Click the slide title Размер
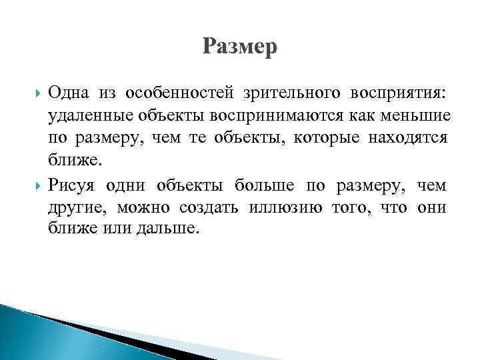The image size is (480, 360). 239,47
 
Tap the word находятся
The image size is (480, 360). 412,138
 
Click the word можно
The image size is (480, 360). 140,207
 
